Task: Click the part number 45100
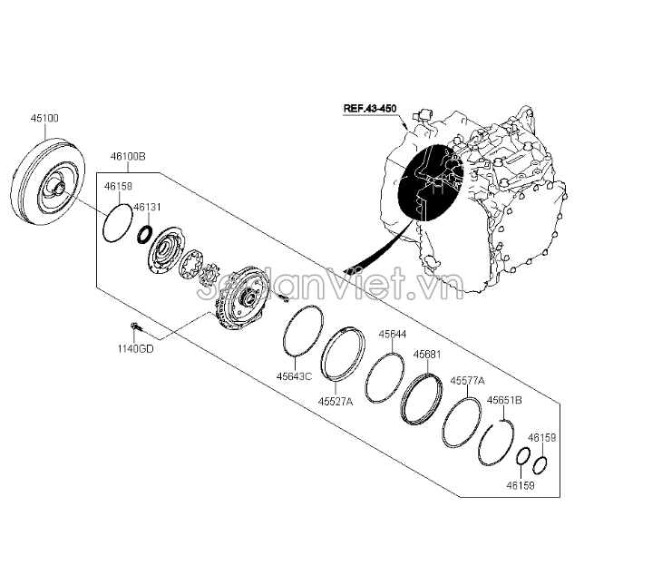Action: click(44, 118)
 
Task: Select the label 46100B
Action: click(128, 156)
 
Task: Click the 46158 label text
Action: click(118, 186)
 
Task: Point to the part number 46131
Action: click(147, 207)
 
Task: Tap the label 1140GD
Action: click(135, 349)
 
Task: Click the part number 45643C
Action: click(294, 375)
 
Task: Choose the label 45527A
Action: click(336, 401)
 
